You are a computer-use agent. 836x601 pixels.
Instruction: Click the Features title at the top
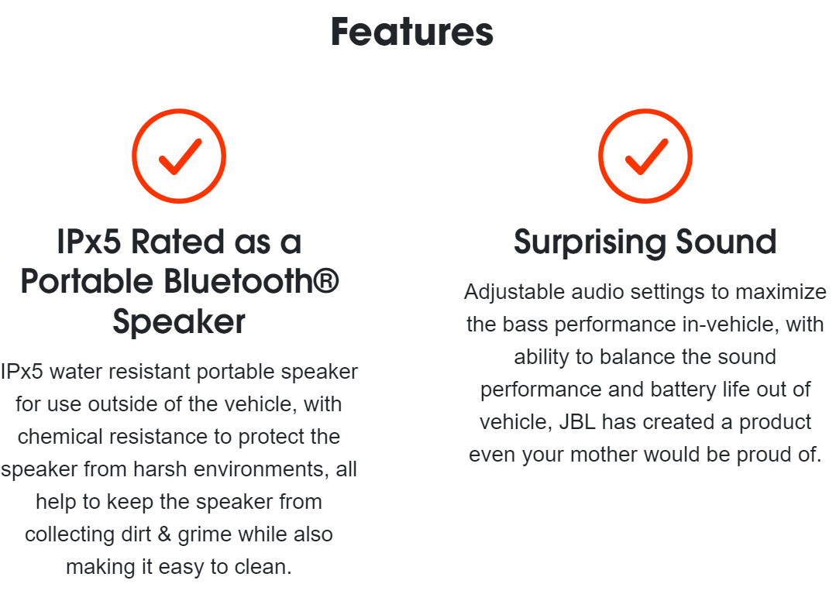pos(412,32)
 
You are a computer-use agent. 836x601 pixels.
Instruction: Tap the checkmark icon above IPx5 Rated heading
pos(179,156)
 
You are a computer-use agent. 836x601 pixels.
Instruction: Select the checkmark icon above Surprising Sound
pos(645,156)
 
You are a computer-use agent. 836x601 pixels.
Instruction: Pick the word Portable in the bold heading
pos(87,281)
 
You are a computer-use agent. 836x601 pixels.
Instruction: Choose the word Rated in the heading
pos(177,242)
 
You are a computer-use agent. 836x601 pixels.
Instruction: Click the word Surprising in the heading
pos(590,242)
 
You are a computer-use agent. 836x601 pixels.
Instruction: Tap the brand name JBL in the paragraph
pos(577,422)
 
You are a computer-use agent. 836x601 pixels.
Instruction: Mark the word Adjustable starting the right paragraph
pos(514,293)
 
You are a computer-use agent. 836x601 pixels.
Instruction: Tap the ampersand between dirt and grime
pos(164,534)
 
